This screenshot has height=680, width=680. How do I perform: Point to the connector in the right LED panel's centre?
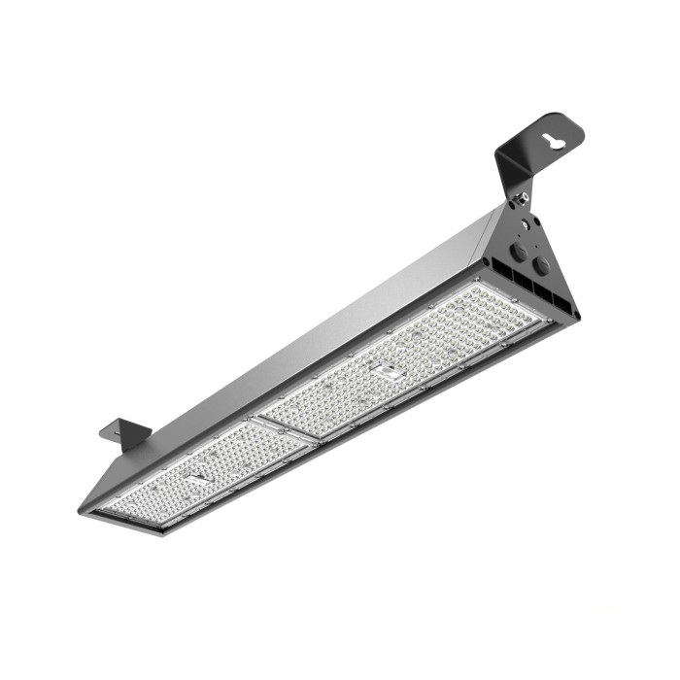coord(387,370)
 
